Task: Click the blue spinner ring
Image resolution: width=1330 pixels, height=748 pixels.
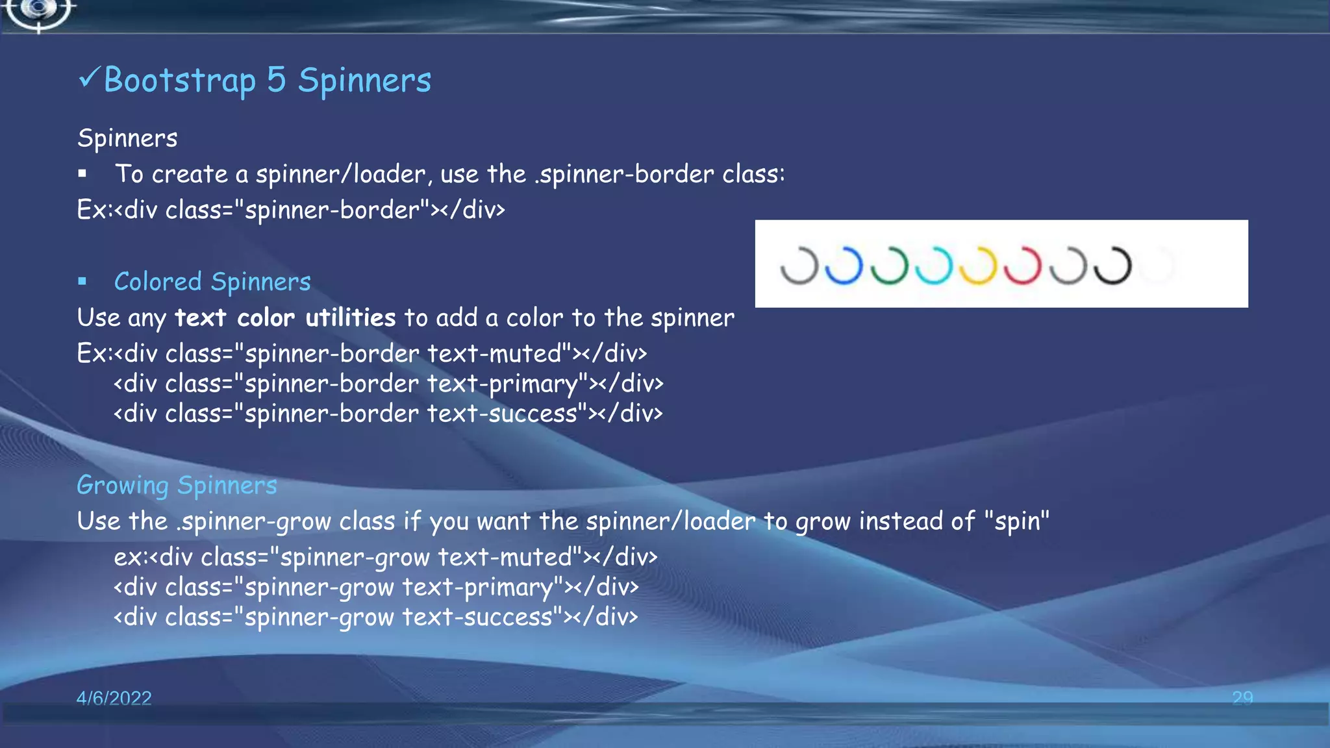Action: coord(844,266)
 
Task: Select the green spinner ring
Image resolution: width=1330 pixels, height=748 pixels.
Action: coord(888,266)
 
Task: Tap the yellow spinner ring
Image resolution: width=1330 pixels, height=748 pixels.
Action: coord(978,266)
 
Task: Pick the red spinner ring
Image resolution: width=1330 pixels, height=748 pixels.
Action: coord(1023,266)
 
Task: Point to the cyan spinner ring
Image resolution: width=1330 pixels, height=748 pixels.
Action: coord(933,266)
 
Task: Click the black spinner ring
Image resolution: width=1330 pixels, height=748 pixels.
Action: coord(1112,266)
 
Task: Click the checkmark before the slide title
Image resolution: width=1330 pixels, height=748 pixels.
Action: coord(88,79)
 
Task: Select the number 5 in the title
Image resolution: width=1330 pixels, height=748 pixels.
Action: coord(276,81)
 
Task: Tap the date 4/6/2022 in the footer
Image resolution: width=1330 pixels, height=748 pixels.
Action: coord(114,698)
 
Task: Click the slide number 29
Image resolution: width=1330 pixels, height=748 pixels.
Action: coord(1242,698)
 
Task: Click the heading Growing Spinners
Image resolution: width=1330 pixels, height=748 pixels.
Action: coord(177,486)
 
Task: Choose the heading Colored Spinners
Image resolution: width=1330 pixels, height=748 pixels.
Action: coord(212,282)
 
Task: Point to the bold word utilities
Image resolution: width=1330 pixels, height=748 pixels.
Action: coord(350,318)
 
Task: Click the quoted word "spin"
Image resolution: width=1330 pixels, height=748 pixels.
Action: coord(1016,521)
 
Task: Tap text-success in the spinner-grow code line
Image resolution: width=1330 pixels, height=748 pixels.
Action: coord(477,617)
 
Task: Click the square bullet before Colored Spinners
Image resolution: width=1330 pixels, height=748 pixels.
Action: coord(82,282)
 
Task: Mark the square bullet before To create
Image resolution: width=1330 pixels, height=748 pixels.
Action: coord(82,173)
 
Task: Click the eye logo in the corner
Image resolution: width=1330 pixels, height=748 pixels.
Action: coord(39,11)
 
